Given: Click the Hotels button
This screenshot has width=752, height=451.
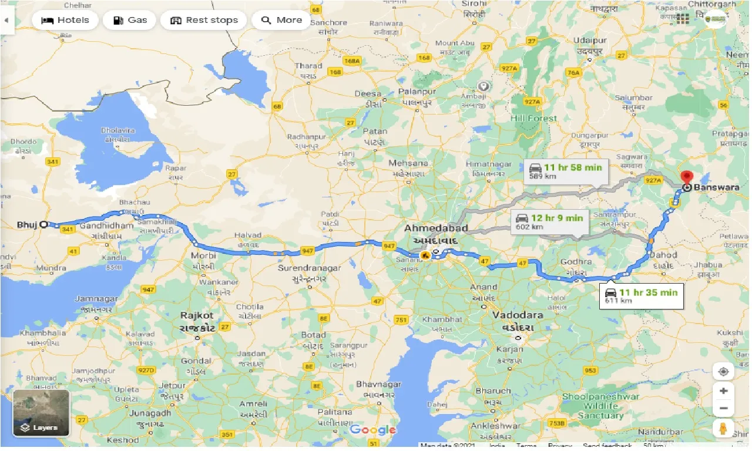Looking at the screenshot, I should click(x=65, y=20).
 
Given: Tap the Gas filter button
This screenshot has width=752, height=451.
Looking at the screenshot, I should click(x=129, y=20).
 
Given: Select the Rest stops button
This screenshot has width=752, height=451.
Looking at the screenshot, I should click(x=204, y=20).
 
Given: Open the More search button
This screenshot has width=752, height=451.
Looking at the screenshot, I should click(x=281, y=20).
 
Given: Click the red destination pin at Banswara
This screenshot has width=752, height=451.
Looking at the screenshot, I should click(x=686, y=177).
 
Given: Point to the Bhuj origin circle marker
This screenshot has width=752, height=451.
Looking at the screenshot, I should click(x=43, y=224).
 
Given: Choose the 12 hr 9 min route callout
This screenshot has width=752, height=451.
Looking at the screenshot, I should click(x=549, y=222).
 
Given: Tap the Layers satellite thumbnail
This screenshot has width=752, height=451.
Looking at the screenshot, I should click(x=41, y=413).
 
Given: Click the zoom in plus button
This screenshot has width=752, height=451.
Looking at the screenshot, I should click(x=723, y=391).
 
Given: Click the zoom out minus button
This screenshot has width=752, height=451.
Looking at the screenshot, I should click(x=723, y=409).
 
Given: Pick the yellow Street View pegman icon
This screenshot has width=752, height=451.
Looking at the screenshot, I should click(x=723, y=429).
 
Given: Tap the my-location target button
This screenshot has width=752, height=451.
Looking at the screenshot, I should click(x=723, y=372).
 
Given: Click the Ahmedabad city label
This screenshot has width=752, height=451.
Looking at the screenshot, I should click(x=436, y=228).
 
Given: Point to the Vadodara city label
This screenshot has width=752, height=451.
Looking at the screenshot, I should click(x=518, y=315).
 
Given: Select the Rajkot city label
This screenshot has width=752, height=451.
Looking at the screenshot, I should click(x=197, y=315).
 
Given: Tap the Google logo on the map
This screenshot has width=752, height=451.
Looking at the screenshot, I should click(x=372, y=430).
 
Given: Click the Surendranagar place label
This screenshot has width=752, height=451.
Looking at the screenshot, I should click(x=308, y=268).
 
